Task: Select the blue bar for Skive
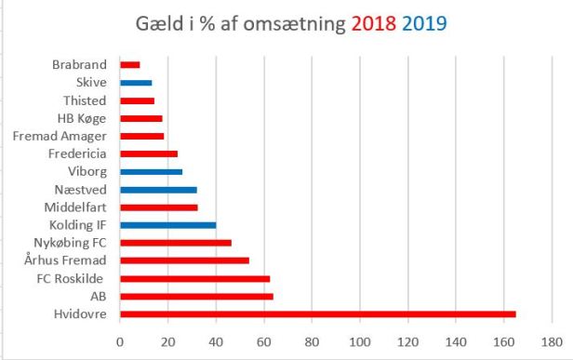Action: coord(136,83)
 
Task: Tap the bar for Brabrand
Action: coord(130,65)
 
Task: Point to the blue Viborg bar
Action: coord(152,172)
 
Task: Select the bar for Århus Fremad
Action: coord(185,260)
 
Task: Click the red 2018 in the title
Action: coord(374,23)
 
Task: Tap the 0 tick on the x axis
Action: coord(120,341)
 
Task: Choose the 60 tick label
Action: coord(264,341)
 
